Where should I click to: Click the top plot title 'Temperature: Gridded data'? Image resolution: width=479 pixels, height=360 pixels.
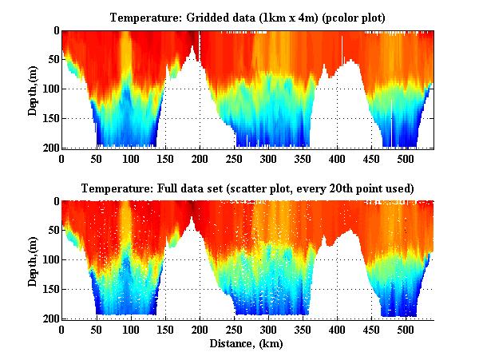[247, 17]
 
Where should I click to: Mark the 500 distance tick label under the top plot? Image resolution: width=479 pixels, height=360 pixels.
[406, 158]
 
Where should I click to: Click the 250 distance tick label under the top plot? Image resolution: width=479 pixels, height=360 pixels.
[234, 158]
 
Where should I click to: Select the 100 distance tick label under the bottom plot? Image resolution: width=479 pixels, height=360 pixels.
[131, 329]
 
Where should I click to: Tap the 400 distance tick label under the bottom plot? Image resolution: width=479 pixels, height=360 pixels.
[337, 329]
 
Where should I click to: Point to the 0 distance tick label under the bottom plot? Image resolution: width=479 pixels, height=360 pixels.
[62, 329]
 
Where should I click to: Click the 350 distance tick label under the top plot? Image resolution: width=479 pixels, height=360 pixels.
[303, 158]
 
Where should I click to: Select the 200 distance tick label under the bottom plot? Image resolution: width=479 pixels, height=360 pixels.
[200, 329]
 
